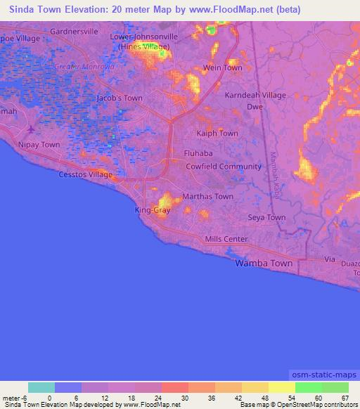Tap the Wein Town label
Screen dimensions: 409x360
(x=222, y=67)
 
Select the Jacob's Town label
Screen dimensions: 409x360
(x=120, y=98)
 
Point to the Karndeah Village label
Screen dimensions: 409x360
(x=255, y=95)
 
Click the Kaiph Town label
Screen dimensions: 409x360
(x=217, y=133)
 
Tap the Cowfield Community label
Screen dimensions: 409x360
(x=223, y=167)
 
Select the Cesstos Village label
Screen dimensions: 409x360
(x=85, y=174)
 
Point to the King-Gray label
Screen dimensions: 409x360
(x=152, y=210)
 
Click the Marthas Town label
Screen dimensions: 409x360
(x=207, y=197)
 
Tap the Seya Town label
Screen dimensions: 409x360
(x=266, y=218)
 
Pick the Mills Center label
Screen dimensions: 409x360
(x=226, y=239)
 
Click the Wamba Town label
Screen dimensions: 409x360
(x=263, y=263)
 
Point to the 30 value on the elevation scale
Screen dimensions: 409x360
(x=174, y=398)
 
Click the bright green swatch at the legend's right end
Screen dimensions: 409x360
(x=335, y=387)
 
